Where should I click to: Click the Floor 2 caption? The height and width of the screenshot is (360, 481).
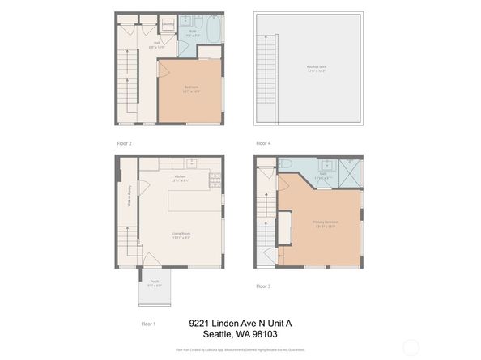click(125, 143)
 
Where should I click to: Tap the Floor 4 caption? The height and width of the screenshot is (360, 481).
click(263, 143)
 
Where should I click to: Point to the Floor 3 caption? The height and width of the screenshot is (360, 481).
click(263, 286)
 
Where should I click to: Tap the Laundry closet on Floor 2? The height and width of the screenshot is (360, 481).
click(167, 24)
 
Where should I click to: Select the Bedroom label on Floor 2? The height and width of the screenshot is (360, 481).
click(192, 88)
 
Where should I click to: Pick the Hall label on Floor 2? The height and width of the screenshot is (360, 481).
click(155, 45)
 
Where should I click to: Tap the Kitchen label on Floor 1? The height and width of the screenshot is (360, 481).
click(180, 178)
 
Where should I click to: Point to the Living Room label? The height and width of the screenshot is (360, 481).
click(181, 235)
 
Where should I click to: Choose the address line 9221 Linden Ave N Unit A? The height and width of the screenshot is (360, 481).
click(240, 323)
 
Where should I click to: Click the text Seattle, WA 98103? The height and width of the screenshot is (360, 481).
click(240, 335)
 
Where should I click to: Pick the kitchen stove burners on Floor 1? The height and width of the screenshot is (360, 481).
click(214, 178)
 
